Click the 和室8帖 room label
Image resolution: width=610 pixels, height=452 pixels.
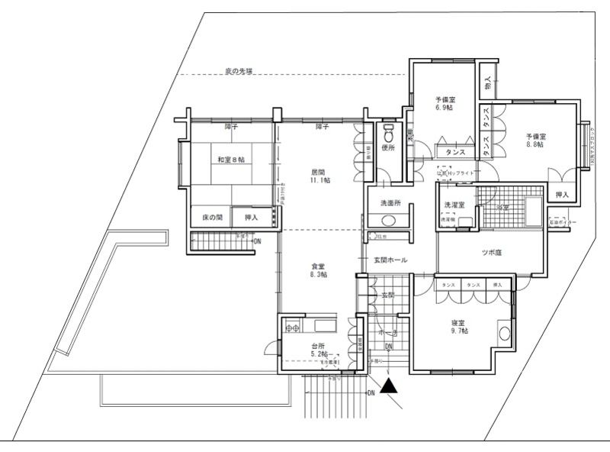[x=230, y=160]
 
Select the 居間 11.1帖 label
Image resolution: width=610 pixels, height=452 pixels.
[x=319, y=176]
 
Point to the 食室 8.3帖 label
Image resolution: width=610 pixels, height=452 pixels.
[x=319, y=270]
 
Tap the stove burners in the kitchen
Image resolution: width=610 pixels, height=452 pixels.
[x=293, y=328]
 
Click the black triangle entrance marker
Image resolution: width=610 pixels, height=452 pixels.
[x=390, y=386]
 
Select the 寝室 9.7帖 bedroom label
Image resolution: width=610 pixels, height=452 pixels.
[x=459, y=327]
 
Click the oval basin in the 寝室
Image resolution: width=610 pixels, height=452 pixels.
[x=503, y=334]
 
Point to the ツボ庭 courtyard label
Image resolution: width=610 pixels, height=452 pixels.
[x=493, y=252]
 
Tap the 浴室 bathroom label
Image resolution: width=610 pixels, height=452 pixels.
[x=502, y=206]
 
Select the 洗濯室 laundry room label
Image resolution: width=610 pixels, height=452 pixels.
[x=456, y=207]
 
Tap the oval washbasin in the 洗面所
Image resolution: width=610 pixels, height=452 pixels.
[x=388, y=221]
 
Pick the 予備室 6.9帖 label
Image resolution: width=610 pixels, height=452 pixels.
[x=445, y=104]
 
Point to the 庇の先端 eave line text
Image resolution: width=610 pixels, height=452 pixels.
[x=239, y=71]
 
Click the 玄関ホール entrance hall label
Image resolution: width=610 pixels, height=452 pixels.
[x=389, y=260]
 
